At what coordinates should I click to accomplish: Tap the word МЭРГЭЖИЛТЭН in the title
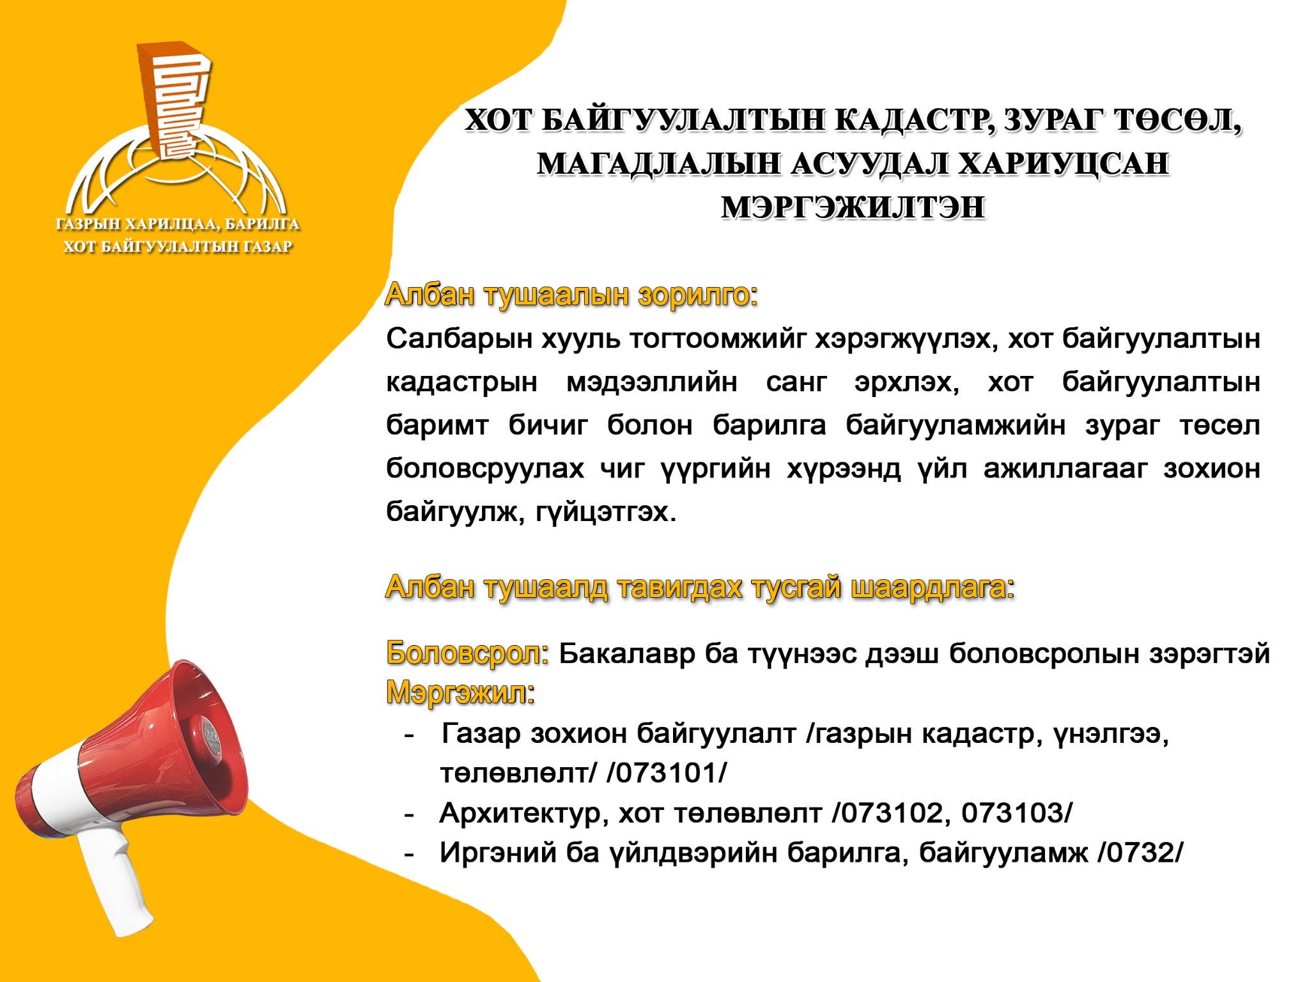click(x=853, y=208)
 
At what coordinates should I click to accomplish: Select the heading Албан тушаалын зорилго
click(x=571, y=295)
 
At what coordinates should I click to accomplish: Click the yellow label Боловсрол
click(x=467, y=653)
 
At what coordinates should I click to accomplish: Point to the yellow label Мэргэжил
click(x=460, y=692)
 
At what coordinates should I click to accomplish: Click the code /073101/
click(x=667, y=773)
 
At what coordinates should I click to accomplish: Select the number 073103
click(x=1012, y=813)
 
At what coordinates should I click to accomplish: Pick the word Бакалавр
click(x=627, y=654)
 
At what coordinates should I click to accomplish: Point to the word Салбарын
click(x=460, y=339)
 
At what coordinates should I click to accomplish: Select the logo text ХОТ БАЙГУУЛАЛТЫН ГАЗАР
click(x=178, y=247)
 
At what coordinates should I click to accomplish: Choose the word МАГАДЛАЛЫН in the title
click(x=658, y=164)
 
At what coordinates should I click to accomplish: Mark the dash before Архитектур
click(x=410, y=815)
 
